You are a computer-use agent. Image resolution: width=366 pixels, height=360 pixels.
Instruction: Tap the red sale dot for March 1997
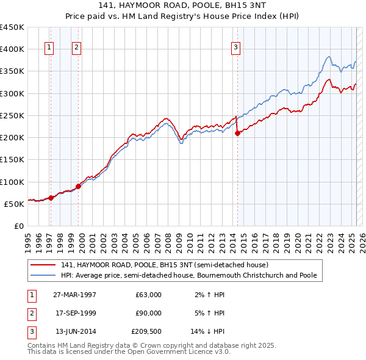point(51,198)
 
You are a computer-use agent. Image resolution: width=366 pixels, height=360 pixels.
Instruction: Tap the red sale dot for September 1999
point(78,186)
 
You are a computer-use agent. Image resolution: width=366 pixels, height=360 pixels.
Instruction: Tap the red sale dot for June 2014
point(237,134)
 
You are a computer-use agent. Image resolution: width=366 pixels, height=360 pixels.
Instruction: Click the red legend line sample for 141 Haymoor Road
point(43,265)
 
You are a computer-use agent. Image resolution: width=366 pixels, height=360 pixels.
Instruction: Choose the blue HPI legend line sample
point(43,275)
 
